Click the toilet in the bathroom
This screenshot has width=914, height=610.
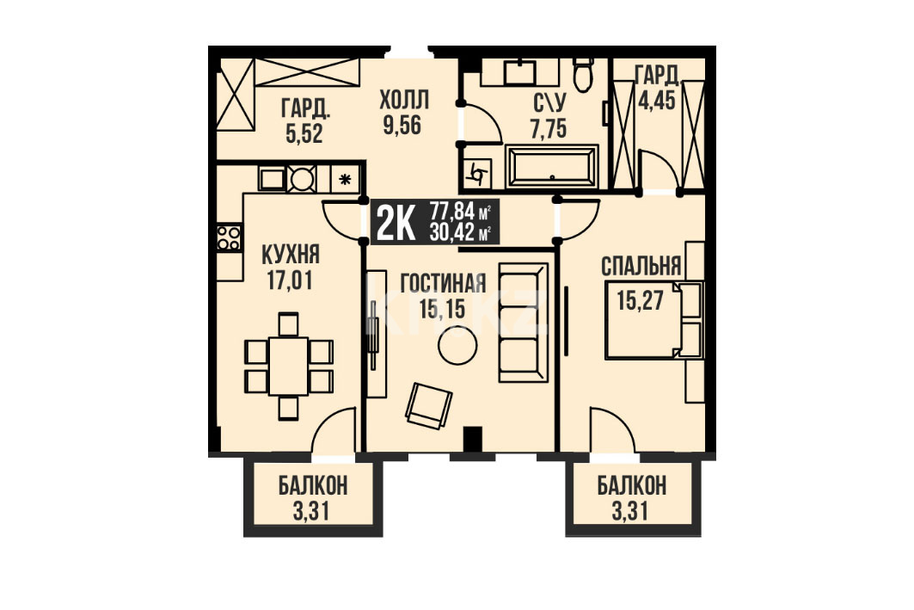pyautogui.click(x=583, y=75)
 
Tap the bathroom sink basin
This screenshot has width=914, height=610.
pyautogui.click(x=520, y=71)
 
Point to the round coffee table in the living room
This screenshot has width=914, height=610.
pyautogui.click(x=457, y=346)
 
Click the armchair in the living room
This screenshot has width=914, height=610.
pyautogui.click(x=428, y=405)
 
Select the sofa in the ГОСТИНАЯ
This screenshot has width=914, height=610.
pyautogui.click(x=524, y=322)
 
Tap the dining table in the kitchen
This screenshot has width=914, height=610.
pyautogui.click(x=288, y=367)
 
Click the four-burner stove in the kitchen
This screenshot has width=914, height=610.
pyautogui.click(x=229, y=238)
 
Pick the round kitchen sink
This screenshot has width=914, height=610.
pyautogui.click(x=302, y=178)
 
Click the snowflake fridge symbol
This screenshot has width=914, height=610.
pyautogui.click(x=346, y=179)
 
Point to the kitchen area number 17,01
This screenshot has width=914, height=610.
pyautogui.click(x=290, y=280)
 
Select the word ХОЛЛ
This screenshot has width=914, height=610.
pyautogui.click(x=404, y=101)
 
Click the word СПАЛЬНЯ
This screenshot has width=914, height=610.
pyautogui.click(x=641, y=267)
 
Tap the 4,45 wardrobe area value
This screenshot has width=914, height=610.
pyautogui.click(x=656, y=101)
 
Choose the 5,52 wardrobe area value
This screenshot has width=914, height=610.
pyautogui.click(x=304, y=134)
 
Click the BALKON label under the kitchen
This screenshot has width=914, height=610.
pyautogui.click(x=312, y=485)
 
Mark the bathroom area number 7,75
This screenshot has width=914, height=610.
pyautogui.click(x=548, y=129)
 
